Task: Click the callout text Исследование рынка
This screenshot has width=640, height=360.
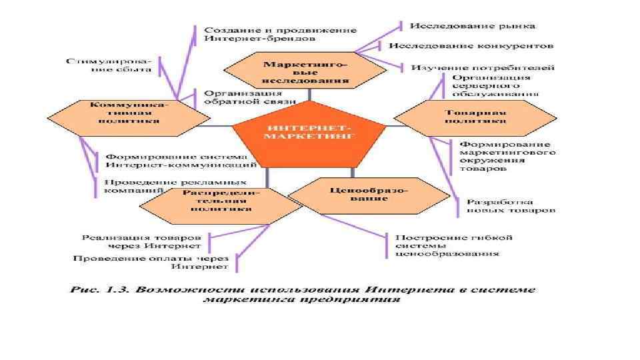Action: click(472, 27)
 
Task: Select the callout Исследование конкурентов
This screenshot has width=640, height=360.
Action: click(471, 47)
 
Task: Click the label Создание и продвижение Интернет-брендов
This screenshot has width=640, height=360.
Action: click(280, 34)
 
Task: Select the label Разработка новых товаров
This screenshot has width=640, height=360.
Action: click(511, 205)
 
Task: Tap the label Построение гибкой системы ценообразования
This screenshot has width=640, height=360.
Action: click(453, 245)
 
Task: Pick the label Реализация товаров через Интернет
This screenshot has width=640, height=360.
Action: click(141, 241)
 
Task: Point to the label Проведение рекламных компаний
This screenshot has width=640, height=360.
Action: click(175, 185)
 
